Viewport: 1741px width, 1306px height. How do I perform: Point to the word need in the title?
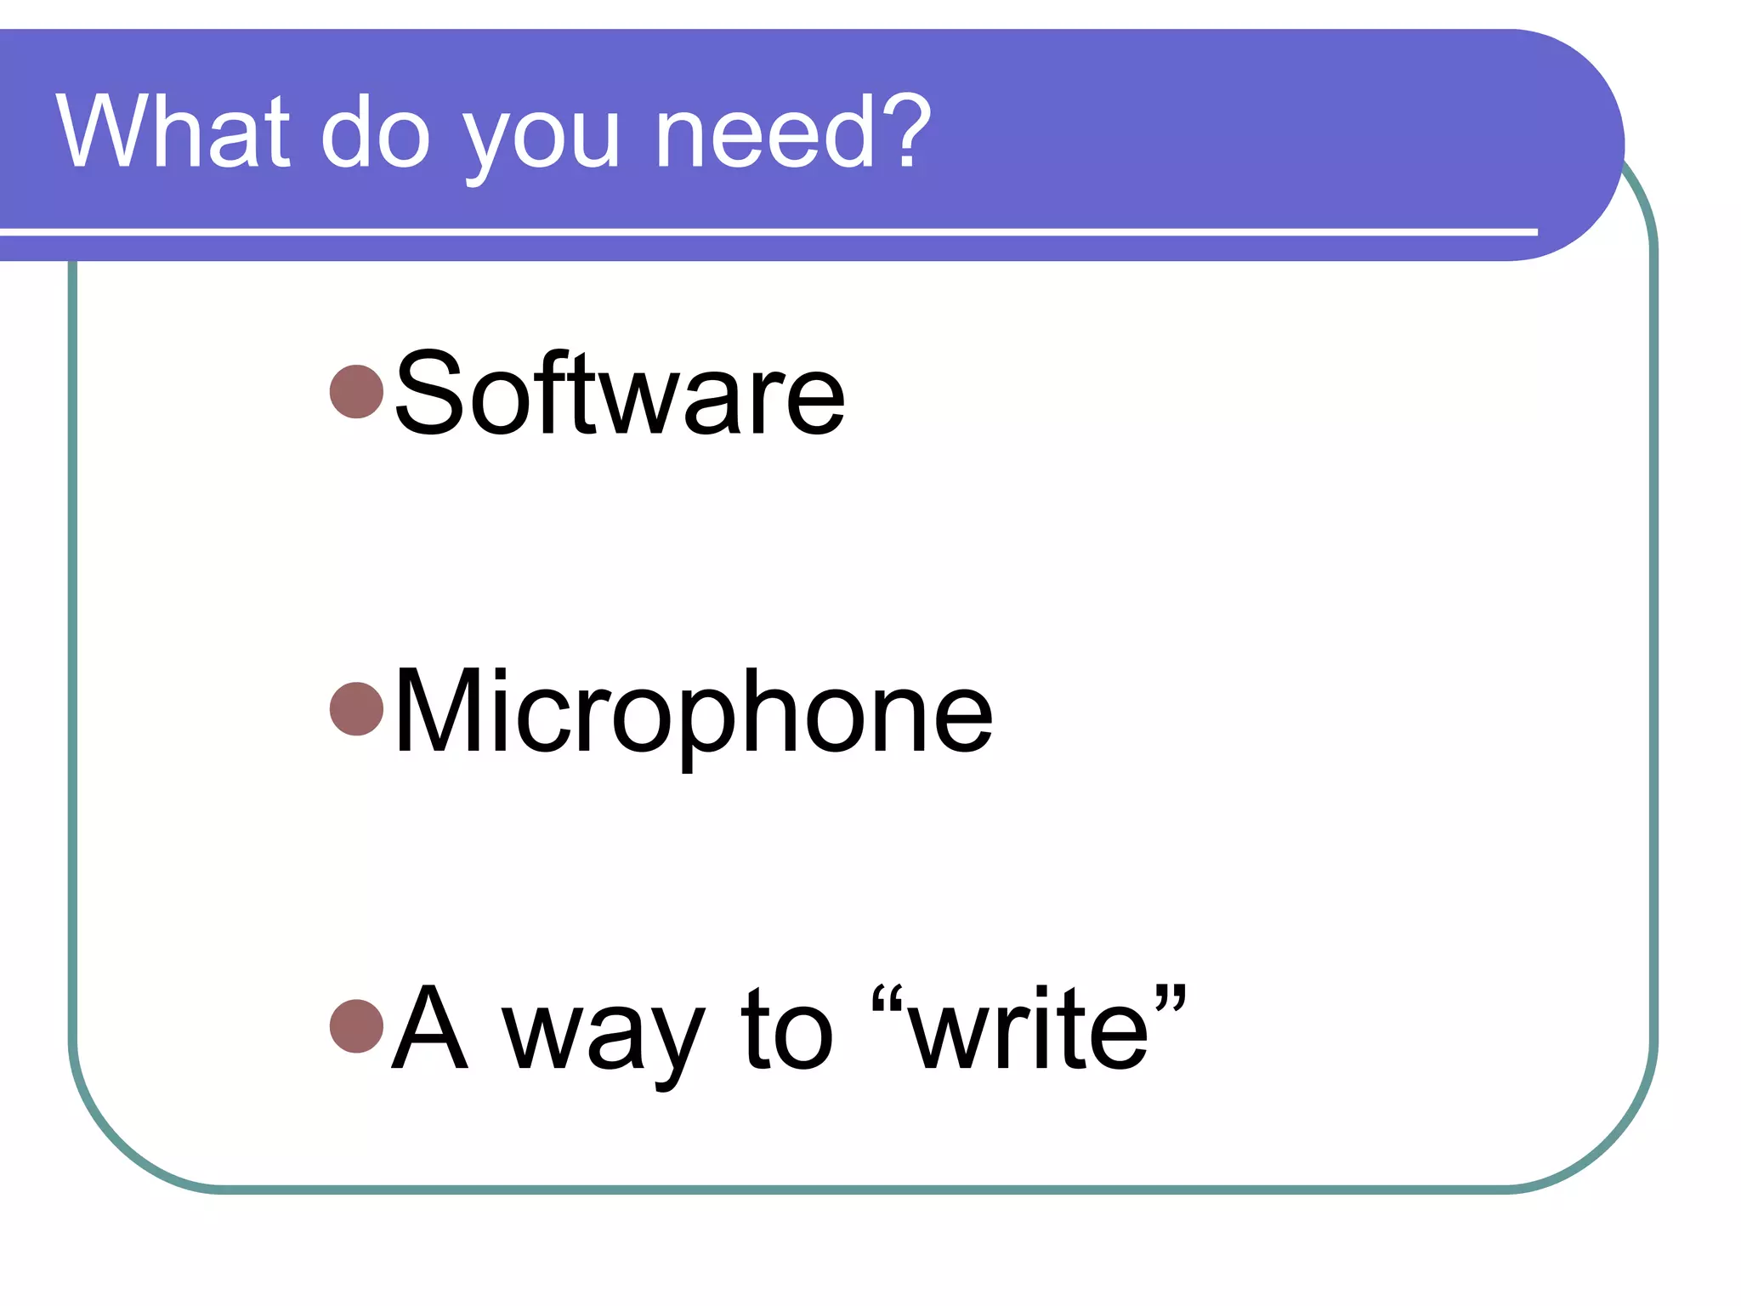click(766, 132)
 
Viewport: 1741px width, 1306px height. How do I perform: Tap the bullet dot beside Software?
click(357, 392)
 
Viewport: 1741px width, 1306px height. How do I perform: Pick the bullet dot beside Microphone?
click(357, 708)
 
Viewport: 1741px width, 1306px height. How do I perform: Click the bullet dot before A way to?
click(357, 1026)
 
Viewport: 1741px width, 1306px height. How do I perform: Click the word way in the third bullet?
click(604, 1037)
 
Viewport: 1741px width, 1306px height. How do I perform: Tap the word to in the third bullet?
click(786, 1029)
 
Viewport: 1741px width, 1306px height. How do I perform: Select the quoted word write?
click(1029, 1029)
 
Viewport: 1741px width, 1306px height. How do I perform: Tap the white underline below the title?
click(765, 231)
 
